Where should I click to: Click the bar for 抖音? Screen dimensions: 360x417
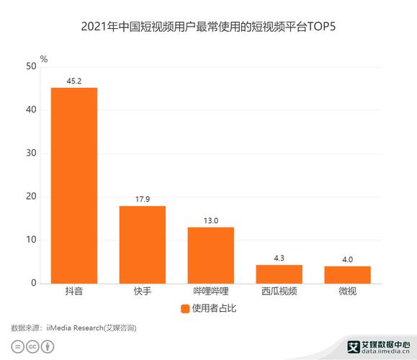pyautogui.click(x=73, y=185)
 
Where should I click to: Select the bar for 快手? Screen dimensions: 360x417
pyautogui.click(x=142, y=245)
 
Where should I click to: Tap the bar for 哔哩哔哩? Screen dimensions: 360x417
pyautogui.click(x=210, y=255)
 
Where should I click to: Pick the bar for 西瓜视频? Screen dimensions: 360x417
pyautogui.click(x=279, y=274)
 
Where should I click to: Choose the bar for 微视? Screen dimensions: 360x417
pyautogui.click(x=347, y=275)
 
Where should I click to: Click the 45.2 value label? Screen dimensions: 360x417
pyautogui.click(x=73, y=81)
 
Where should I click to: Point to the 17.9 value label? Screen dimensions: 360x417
pyautogui.click(x=142, y=199)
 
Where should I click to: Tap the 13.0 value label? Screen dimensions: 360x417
pyautogui.click(x=210, y=221)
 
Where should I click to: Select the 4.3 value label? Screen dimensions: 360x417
pyautogui.click(x=279, y=258)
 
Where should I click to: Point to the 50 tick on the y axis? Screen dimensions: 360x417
pyautogui.click(x=31, y=66)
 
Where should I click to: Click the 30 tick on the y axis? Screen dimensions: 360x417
pyautogui.click(x=31, y=153)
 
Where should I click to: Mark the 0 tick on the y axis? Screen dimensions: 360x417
pyautogui.click(x=33, y=284)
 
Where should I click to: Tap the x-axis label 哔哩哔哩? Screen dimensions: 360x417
pyautogui.click(x=210, y=292)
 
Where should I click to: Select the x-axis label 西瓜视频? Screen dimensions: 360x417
pyautogui.click(x=279, y=292)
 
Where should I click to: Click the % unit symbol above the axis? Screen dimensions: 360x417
pyautogui.click(x=43, y=58)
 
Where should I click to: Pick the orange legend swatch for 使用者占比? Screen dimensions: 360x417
pyautogui.click(x=184, y=309)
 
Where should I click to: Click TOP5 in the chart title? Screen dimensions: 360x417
pyautogui.click(x=321, y=27)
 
